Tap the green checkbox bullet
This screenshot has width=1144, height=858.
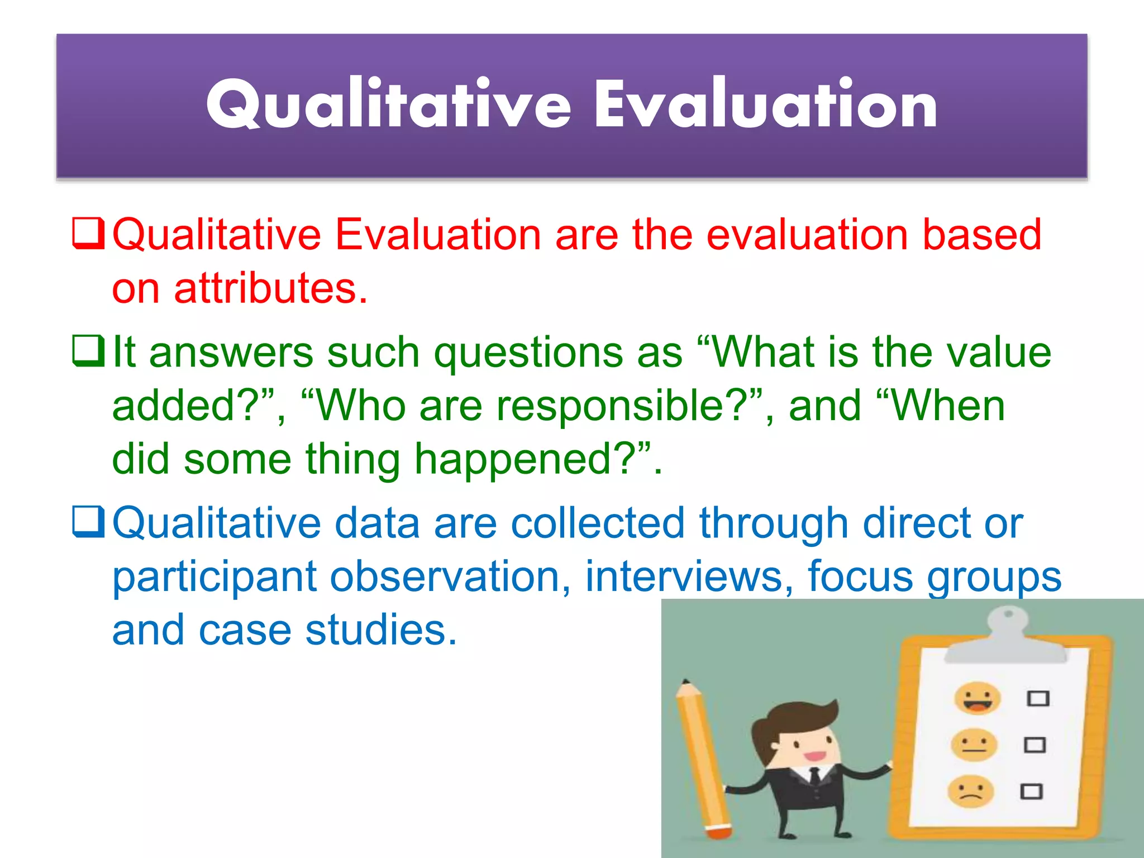(x=88, y=351)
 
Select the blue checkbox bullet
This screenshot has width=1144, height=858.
(x=88, y=522)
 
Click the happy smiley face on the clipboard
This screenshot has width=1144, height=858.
(x=977, y=698)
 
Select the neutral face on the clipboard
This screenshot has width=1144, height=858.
(x=974, y=745)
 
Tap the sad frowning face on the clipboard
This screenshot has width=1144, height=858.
(x=971, y=791)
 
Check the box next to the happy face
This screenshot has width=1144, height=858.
(x=1038, y=698)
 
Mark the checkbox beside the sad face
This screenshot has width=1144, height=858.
(x=1031, y=792)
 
